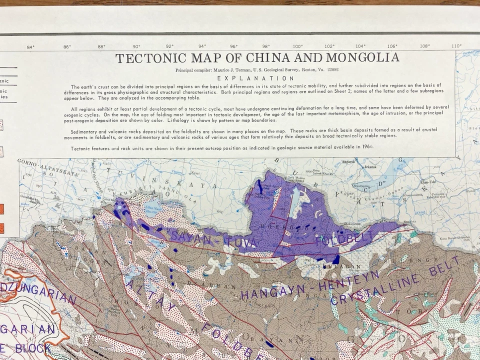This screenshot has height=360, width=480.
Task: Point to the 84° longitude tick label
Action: pos(30,47)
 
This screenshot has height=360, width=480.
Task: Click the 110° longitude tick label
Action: pos(456,46)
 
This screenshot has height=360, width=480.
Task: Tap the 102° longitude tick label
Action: pos(330,46)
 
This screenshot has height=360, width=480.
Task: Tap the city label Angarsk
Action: pos(348,162)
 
